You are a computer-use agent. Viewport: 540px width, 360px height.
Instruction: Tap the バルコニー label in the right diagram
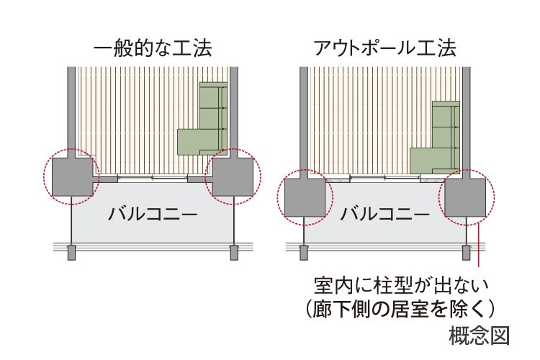[x=384, y=214]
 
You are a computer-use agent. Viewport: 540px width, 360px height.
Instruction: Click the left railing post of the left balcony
[x=71, y=252]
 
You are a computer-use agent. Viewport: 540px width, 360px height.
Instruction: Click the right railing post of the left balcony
[x=233, y=252]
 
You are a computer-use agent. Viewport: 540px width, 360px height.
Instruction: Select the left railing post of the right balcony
[x=304, y=252]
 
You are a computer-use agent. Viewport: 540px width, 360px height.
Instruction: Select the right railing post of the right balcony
[x=465, y=252]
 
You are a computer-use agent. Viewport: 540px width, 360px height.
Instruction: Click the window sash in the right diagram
[x=384, y=178]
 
